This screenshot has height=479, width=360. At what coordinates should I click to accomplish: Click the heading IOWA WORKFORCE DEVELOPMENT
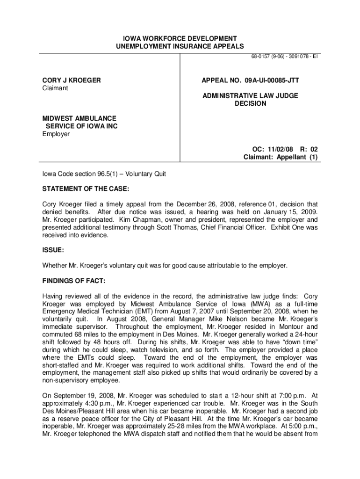pyautogui.click(x=180, y=38)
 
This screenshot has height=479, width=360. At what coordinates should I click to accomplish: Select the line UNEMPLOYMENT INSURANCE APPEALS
pyautogui.click(x=180, y=46)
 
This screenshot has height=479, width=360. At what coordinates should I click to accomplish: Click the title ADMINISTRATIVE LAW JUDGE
pyautogui.click(x=250, y=95)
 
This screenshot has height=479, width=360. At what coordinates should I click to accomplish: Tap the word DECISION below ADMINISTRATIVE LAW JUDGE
pyautogui.click(x=250, y=103)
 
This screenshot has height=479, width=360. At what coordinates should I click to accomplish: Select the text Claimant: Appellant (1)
pyautogui.click(x=281, y=157)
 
